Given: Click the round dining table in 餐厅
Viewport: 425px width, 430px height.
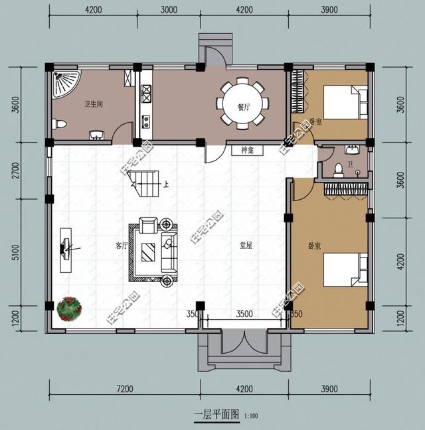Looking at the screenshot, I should [242, 103].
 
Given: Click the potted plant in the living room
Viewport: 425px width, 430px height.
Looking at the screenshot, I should [69, 308].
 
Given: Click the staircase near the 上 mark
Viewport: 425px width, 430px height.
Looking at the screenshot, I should [141, 183].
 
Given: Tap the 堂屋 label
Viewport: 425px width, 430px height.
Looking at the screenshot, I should [246, 245].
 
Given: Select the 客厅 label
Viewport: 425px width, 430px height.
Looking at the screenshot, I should [120, 245].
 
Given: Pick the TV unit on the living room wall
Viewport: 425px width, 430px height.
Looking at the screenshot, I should [66, 250].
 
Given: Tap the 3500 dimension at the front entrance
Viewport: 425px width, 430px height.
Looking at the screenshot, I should [244, 314].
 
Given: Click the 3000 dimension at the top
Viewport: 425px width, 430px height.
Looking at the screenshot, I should [169, 9].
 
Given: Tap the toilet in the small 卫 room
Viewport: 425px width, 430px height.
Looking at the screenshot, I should [338, 169].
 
